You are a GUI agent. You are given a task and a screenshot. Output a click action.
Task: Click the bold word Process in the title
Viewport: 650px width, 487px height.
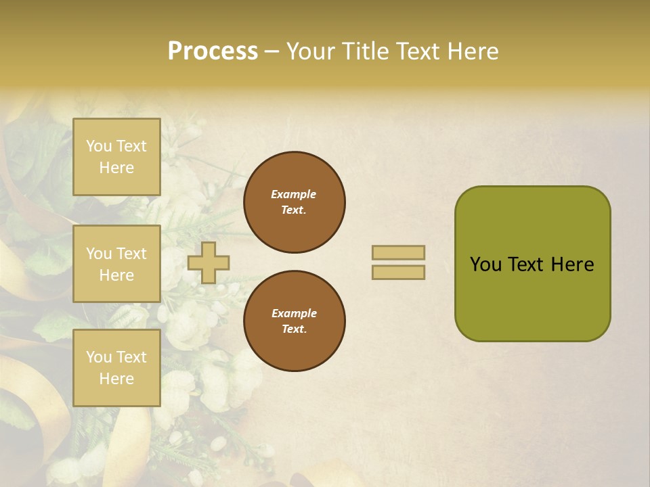(213, 51)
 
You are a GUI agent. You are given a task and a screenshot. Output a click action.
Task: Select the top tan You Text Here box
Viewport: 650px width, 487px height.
(116, 157)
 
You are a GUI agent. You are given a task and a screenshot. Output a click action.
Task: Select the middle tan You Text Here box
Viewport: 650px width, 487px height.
(116, 264)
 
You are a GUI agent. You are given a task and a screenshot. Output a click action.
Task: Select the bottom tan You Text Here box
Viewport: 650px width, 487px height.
(116, 368)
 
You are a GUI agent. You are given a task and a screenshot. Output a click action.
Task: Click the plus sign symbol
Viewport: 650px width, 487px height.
(209, 262)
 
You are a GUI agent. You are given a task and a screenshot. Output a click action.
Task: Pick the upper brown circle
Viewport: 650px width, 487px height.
(295, 202)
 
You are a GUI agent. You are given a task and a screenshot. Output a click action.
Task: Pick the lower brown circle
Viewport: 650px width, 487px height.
(295, 321)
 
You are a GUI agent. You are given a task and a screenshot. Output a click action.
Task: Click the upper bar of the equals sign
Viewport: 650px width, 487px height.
(399, 253)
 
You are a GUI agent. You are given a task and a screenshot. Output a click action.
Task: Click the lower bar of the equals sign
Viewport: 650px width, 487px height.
(399, 272)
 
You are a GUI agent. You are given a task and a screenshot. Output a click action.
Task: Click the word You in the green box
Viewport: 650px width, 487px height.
(485, 264)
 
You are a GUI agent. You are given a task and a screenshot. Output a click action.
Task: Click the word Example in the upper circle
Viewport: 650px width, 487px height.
(294, 194)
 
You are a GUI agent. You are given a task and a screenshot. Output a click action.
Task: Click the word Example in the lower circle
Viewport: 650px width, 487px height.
(294, 313)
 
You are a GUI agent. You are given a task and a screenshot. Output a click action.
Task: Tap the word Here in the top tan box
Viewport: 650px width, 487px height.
(116, 168)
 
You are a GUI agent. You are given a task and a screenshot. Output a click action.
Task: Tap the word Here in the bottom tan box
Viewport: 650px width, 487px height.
(116, 379)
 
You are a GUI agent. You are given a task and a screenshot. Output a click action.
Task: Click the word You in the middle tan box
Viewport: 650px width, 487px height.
(99, 254)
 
